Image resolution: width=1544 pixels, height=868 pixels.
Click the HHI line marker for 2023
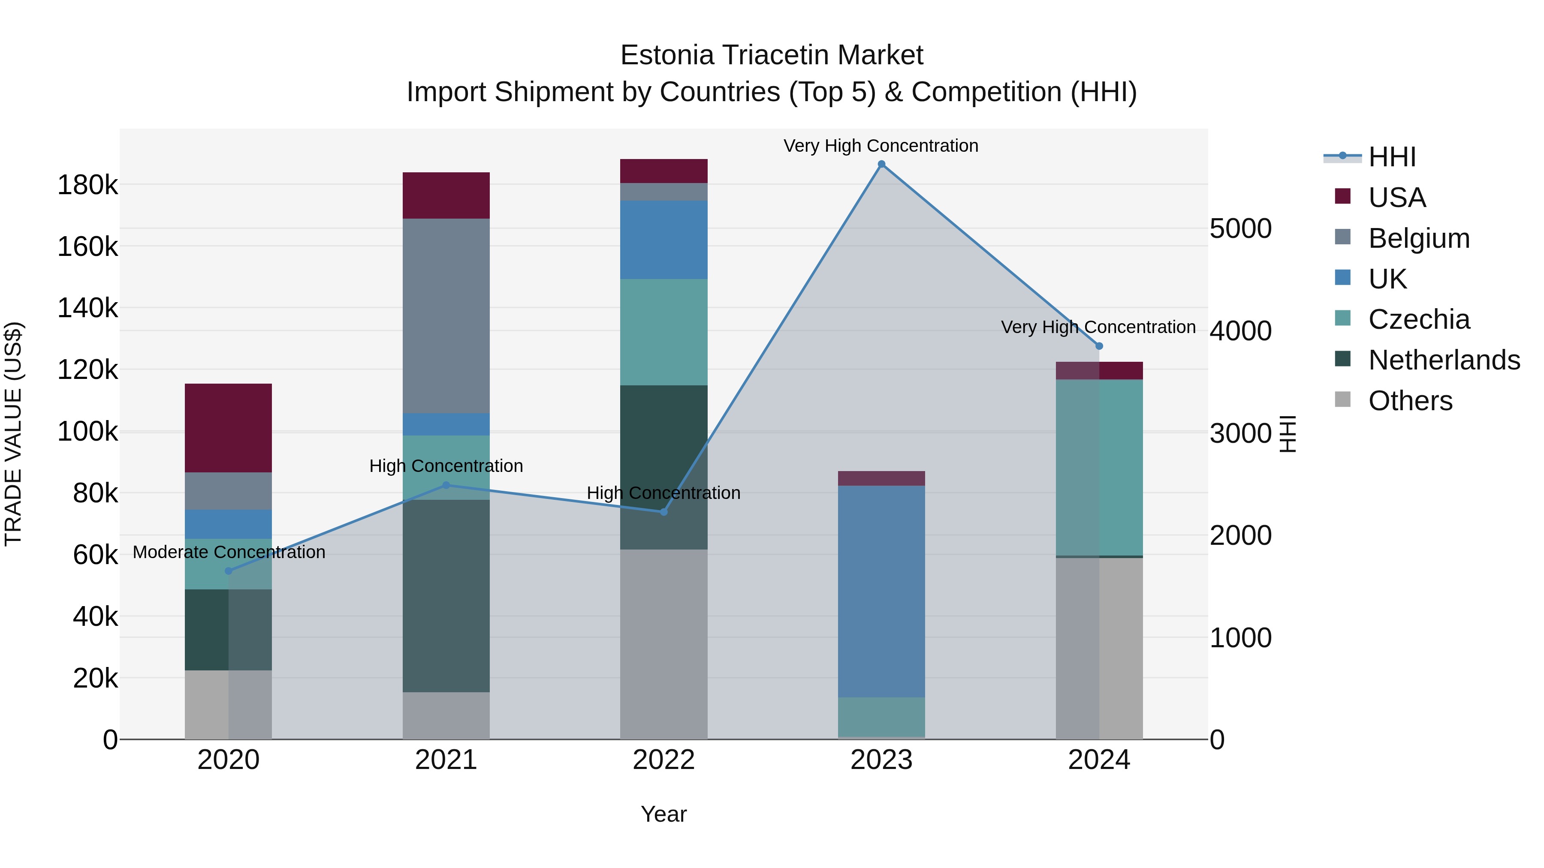click(881, 164)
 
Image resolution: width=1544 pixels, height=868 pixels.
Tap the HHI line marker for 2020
click(228, 571)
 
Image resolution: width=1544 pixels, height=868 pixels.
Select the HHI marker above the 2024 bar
click(1099, 346)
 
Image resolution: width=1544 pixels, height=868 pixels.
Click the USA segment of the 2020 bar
click(228, 428)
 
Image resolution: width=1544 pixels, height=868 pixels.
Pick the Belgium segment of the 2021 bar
click(446, 315)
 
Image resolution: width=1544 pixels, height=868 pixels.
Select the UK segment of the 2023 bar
click(881, 591)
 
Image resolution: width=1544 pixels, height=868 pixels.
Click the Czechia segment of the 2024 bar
click(1099, 467)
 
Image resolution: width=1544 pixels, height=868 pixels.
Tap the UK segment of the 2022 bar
click(663, 240)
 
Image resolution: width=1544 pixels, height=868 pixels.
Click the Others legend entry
click(1410, 401)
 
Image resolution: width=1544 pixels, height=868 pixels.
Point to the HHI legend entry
click(1391, 157)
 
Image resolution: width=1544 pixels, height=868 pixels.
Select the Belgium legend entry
click(1418, 238)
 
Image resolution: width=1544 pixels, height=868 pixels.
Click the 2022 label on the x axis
click(663, 760)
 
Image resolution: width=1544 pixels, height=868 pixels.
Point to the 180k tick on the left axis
click(87, 185)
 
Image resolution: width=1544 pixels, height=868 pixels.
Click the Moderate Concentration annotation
click(229, 552)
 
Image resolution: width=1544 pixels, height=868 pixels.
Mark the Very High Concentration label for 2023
click(881, 146)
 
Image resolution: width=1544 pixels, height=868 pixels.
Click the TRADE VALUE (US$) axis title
click(13, 434)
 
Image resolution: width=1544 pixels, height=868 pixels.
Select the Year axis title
click(663, 814)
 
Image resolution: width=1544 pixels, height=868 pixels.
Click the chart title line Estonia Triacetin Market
click(772, 55)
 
